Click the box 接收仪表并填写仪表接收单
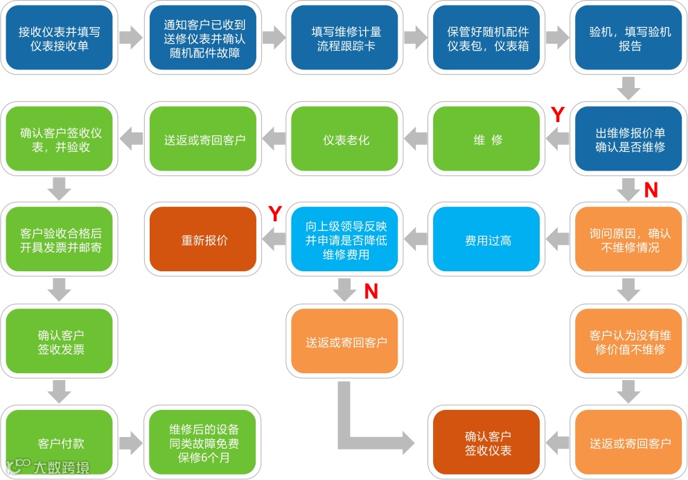(59, 38)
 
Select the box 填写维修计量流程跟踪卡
(346, 38)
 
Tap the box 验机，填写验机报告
(628, 38)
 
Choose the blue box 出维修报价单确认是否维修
(628, 139)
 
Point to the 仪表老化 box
(346, 139)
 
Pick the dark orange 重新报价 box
(204, 240)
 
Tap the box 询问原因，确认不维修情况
(628, 240)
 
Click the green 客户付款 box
(59, 443)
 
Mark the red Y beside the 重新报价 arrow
(274, 214)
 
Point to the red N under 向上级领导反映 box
(371, 291)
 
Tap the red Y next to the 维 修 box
(557, 114)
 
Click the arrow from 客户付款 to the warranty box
(130, 443)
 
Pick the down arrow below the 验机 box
(628, 88)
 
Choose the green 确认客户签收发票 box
(59, 341)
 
